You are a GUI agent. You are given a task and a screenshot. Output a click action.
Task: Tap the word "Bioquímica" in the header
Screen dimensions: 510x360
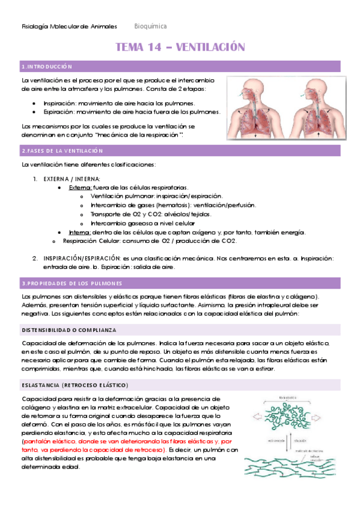(151, 26)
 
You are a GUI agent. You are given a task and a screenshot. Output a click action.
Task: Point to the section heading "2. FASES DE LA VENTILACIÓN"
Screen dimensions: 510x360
(58, 150)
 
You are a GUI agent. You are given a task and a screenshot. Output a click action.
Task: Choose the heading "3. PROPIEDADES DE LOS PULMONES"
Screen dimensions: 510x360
(72, 283)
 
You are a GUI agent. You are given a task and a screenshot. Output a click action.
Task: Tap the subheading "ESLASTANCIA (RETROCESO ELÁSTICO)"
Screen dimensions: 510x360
(75, 385)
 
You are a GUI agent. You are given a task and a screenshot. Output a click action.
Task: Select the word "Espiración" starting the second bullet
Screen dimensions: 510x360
(58, 112)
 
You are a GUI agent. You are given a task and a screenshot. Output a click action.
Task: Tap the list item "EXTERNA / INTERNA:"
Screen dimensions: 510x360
(72, 179)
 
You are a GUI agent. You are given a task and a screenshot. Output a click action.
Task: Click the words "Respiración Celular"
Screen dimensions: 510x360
(90, 241)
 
